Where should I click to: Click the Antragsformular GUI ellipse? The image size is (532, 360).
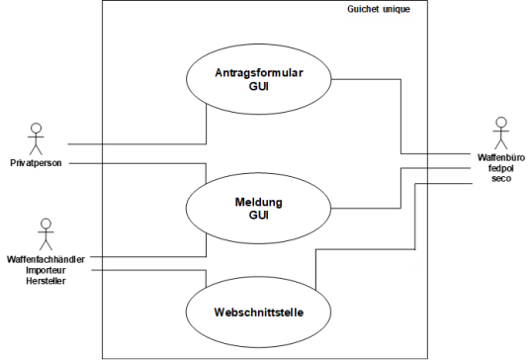coord(259,79)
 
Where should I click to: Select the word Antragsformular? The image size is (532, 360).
coord(259,73)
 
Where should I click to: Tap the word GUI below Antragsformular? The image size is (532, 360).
coord(259,86)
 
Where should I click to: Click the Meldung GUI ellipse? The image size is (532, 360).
coord(259,209)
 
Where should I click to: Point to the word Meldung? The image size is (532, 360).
coord(259,202)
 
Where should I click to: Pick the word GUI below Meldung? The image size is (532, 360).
coord(259,215)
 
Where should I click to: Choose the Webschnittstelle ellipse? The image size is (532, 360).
coord(259,313)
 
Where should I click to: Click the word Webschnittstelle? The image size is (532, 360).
coord(259,313)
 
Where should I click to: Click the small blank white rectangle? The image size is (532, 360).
coord(415,259)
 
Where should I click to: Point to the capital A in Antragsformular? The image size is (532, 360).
coord(219,73)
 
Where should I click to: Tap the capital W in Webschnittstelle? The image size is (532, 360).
coord(219,313)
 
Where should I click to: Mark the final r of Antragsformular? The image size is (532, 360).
coord(301,73)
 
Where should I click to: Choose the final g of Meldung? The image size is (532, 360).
coord(279,203)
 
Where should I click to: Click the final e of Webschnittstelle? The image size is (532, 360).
coord(300,313)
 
